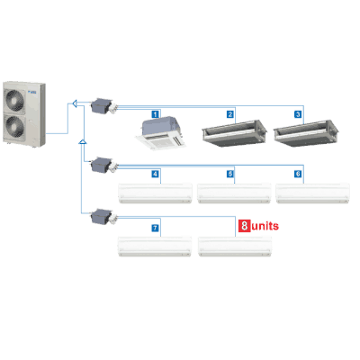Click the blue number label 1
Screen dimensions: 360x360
coord(155,114)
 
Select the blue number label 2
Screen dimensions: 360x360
coord(230,114)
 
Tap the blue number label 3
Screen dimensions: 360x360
coord(298,114)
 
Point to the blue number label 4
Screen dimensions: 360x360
coord(155,174)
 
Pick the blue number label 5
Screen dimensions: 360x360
coord(230,174)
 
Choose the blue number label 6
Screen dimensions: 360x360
coord(298,174)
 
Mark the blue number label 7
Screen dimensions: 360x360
coord(155,228)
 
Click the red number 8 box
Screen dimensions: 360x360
coord(244,226)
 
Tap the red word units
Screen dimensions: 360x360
coord(265,226)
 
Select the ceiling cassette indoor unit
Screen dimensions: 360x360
coord(160,134)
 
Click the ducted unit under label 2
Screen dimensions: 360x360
coord(234,133)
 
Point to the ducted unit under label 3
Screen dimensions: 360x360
coord(306,133)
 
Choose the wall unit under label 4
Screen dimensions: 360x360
coord(156,193)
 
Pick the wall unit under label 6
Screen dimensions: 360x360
coord(312,193)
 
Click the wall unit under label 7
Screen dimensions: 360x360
coord(155,247)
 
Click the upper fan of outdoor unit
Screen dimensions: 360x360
coord(14,99)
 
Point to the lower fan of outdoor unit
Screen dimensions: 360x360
coord(14,126)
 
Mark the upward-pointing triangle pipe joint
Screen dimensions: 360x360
coord(83,142)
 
